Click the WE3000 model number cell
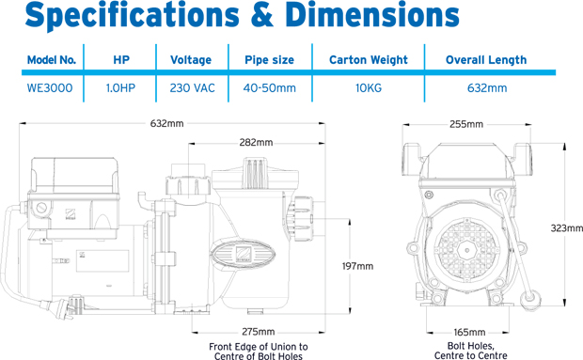tap(50, 88)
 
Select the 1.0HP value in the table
tap(120, 88)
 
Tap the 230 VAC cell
tap(192, 88)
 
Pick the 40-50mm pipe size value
tap(270, 88)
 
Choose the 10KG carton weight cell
tap(369, 88)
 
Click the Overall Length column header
tap(486, 60)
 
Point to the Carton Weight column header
tap(369, 60)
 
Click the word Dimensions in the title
tap(373, 15)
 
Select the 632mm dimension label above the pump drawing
tap(167, 123)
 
